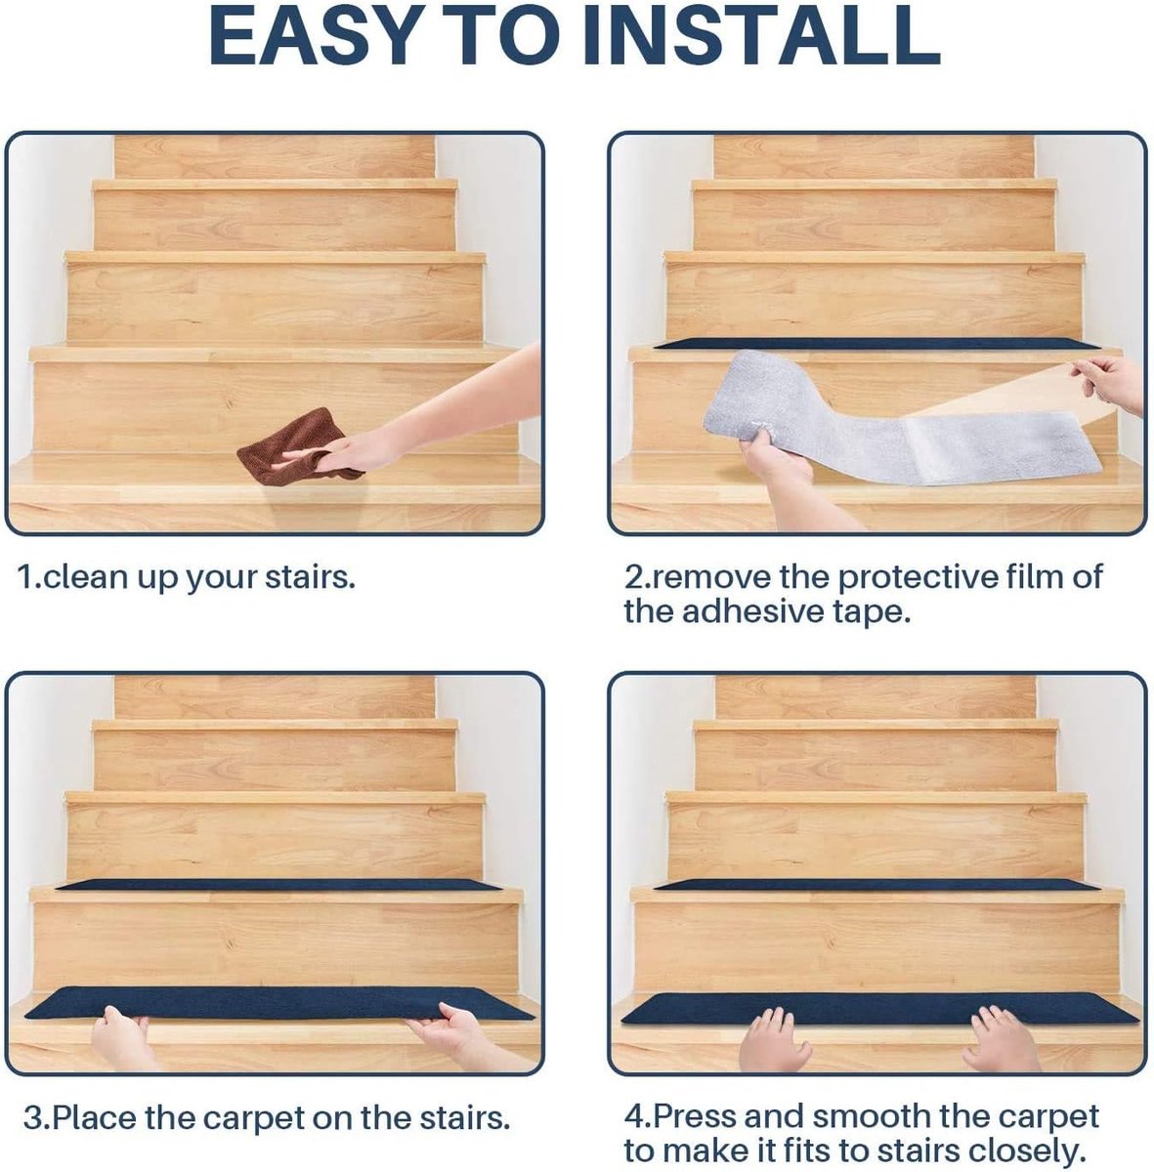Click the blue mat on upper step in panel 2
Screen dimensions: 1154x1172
click(x=876, y=344)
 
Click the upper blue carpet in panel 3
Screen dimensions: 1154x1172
click(x=278, y=884)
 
